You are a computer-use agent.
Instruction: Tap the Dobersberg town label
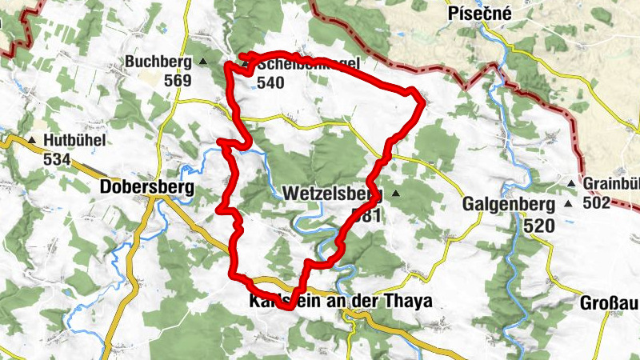(148, 187)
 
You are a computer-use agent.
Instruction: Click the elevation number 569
(178, 81)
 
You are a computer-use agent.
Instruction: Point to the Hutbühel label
(75, 141)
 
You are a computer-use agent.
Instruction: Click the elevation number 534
(58, 159)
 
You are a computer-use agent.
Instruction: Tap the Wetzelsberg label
(332, 194)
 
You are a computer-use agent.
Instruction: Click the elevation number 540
(271, 82)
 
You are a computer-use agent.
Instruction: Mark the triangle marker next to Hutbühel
(32, 141)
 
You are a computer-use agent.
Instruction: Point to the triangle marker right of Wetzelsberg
(394, 194)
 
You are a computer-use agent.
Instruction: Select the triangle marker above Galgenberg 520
(568, 203)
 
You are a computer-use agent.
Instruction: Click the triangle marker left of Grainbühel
(571, 184)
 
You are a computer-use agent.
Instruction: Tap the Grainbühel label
(611, 184)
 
